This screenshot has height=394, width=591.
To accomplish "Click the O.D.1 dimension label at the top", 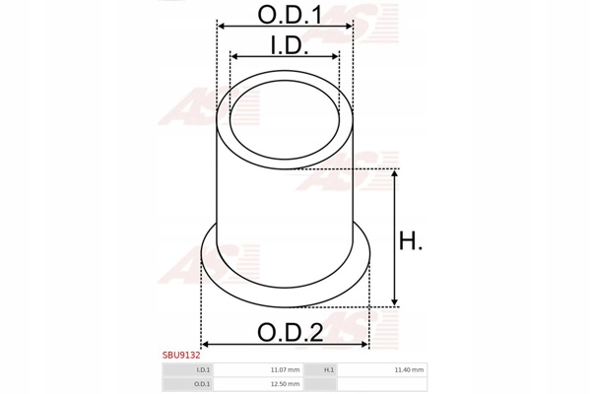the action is [x=290, y=15].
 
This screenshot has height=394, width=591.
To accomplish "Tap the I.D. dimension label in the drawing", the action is [x=290, y=45].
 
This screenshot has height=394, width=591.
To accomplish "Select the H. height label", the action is [x=411, y=241].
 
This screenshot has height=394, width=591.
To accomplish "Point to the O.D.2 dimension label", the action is [x=290, y=333].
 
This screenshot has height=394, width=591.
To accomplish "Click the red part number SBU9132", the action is [x=181, y=356].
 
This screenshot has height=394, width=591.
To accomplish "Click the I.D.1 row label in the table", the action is [x=203, y=370].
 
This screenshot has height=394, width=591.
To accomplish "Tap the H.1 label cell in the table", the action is [x=329, y=370].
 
